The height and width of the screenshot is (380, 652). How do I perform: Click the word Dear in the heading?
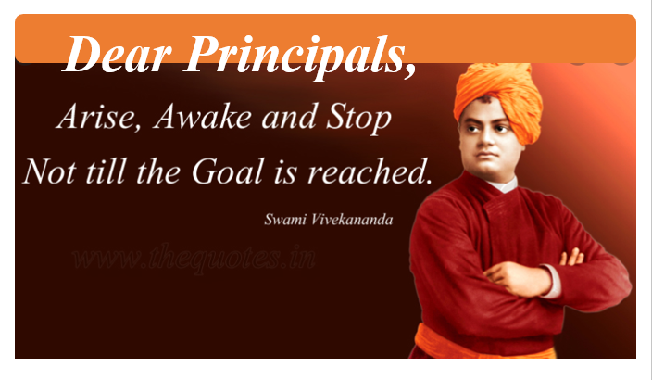click(118, 54)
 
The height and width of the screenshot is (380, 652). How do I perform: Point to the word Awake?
click(203, 116)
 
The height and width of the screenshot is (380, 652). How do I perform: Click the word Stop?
click(358, 119)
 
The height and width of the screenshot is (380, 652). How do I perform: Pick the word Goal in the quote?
click(228, 171)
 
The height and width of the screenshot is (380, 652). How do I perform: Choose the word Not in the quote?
click(50, 171)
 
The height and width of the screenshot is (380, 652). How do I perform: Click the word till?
click(106, 171)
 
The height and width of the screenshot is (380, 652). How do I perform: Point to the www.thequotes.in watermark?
click(194, 258)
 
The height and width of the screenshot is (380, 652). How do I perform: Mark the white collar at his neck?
click(503, 184)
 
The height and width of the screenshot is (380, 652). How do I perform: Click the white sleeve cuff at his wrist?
click(552, 282)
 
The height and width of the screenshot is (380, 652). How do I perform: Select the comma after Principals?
click(410, 70)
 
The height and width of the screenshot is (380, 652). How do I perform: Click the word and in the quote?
click(289, 116)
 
